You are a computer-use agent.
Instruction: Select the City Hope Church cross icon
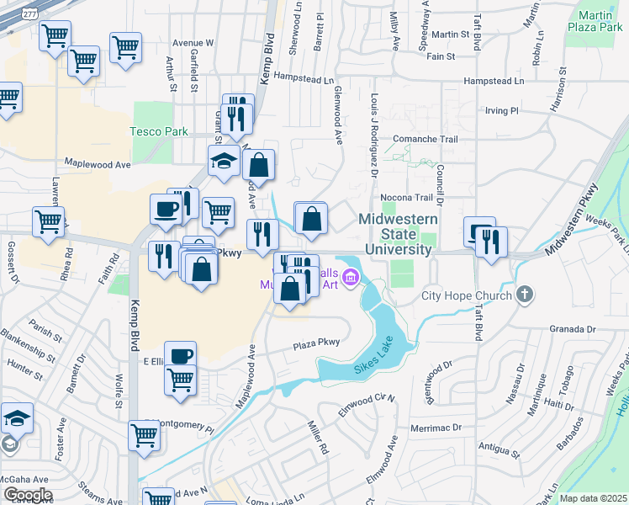[525, 295]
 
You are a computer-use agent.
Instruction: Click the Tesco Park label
[158, 131]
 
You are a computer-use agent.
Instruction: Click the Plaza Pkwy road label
[316, 343]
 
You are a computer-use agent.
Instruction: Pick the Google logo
[28, 494]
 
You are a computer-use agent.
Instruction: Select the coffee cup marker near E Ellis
[180, 356]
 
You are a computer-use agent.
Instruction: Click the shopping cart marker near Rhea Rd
[48, 222]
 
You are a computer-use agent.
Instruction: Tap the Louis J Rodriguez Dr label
[374, 135]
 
